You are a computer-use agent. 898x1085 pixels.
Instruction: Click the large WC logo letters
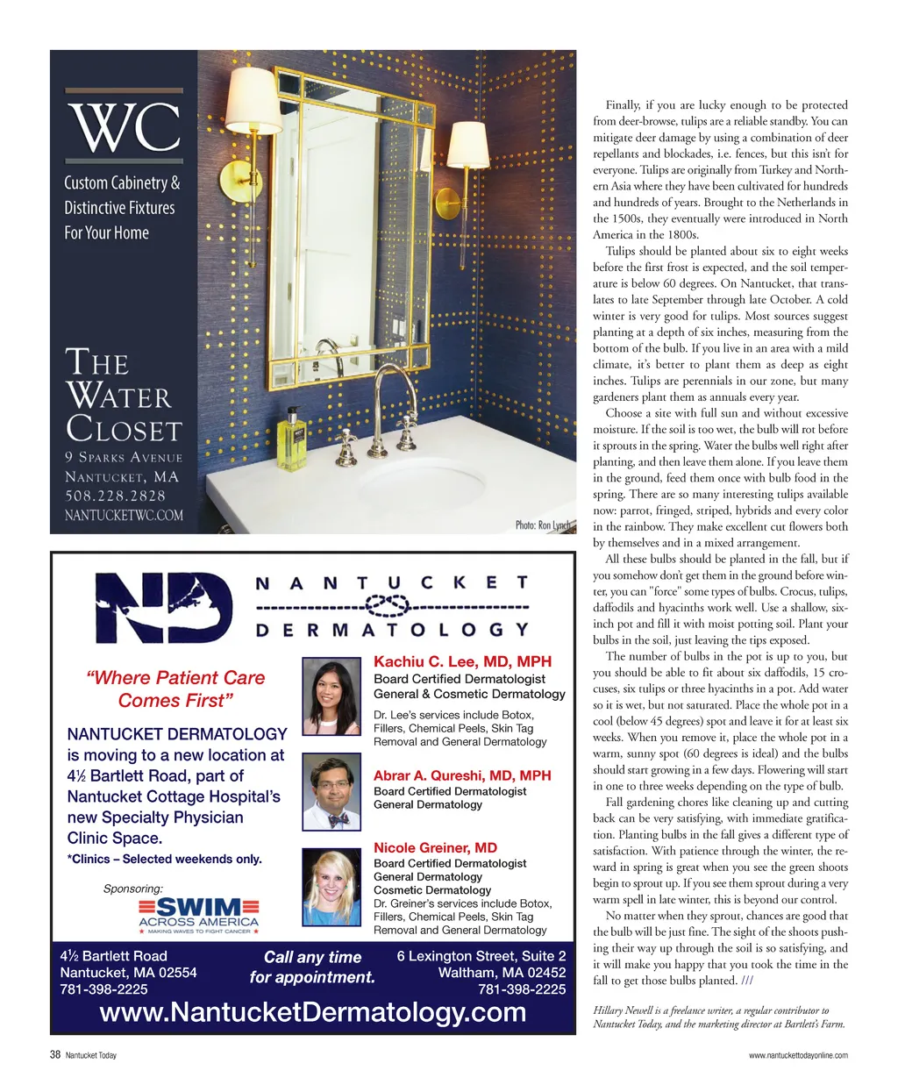point(125,128)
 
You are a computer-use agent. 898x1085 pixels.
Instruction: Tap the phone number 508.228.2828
point(115,496)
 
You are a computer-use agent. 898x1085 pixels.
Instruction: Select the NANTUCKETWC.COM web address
point(124,516)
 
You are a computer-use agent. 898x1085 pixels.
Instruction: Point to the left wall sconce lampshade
point(254,102)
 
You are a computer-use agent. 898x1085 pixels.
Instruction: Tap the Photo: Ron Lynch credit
point(542,525)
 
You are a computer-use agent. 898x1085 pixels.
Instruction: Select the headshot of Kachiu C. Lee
point(331,696)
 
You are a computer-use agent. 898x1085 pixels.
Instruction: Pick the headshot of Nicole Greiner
point(331,889)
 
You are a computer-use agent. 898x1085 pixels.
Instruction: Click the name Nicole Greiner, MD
point(435,848)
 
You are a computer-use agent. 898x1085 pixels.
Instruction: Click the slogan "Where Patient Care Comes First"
point(175,689)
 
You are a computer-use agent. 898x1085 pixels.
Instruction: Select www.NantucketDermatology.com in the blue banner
point(313,1013)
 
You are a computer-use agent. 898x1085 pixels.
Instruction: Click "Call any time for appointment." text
point(312,967)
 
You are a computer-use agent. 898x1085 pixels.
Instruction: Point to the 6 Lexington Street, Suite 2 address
point(481,956)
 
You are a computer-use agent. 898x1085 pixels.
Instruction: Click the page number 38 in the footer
point(55,1055)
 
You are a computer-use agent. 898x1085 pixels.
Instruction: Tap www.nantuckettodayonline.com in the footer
point(798,1056)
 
